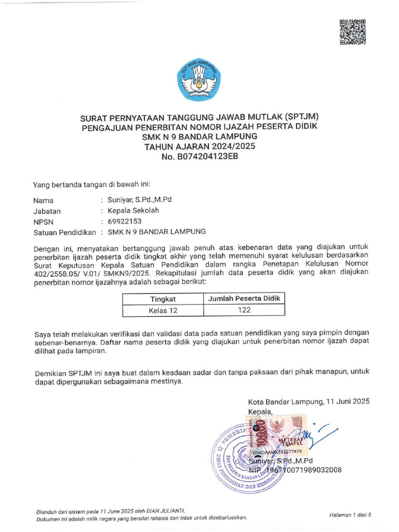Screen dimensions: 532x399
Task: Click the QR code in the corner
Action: [x=353, y=32]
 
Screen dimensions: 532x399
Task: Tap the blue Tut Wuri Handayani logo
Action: [x=199, y=79]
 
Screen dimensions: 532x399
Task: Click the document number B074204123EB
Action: [x=199, y=156]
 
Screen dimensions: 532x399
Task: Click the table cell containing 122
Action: [x=244, y=310]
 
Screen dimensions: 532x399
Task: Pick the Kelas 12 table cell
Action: [x=163, y=310]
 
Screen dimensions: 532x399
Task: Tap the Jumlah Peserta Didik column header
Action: [x=244, y=298]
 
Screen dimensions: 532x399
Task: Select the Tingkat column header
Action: [x=163, y=299]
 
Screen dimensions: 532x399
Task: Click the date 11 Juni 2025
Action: [x=348, y=402]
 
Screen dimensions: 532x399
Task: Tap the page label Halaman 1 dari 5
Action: [x=350, y=514]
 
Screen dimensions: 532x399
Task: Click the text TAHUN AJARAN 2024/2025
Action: [x=199, y=147]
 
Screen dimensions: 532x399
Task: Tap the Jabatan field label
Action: [x=47, y=211]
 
